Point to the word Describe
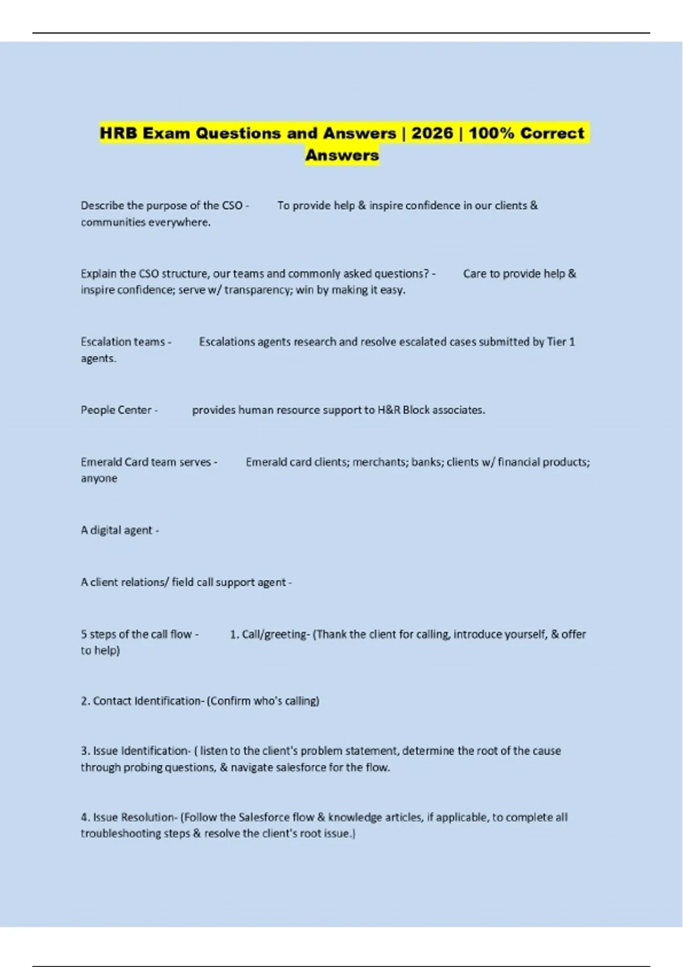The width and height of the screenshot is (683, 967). point(101,205)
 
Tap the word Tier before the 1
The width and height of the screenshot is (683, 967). point(556,342)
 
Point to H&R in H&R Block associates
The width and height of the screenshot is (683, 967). point(389,410)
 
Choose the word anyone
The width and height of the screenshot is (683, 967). point(99,478)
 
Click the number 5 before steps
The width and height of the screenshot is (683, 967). point(84,634)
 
